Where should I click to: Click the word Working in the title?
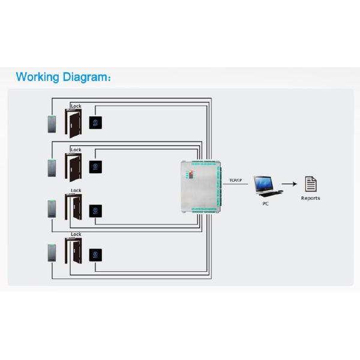tap(38, 77)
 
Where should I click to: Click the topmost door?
tap(74, 124)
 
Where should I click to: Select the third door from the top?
tap(75, 209)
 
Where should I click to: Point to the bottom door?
tap(75, 253)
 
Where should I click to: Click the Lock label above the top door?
tap(76, 106)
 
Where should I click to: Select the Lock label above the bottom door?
tap(76, 235)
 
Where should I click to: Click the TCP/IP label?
tap(235, 180)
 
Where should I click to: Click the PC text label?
tap(265, 204)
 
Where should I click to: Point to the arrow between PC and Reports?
tap(291, 185)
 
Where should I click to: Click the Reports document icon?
tap(310, 184)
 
